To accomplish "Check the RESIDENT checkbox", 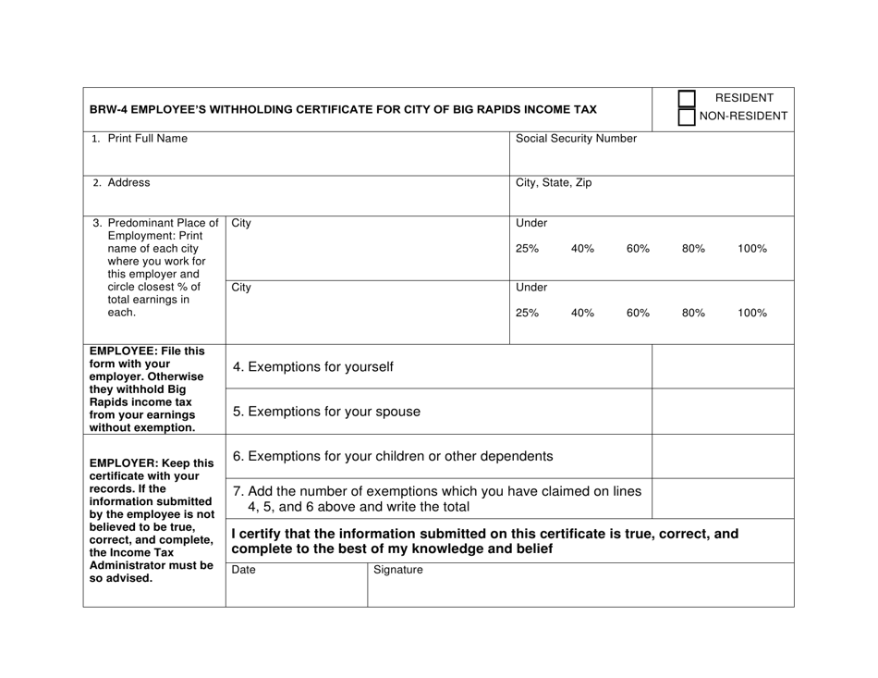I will coord(687,98).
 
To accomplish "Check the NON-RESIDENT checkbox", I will coord(687,117).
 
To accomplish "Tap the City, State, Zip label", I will coord(554,183).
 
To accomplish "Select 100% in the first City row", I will coord(752,250).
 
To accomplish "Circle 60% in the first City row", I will coord(639,250).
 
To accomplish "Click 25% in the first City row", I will coord(526,250).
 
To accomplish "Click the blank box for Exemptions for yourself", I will coord(723,366).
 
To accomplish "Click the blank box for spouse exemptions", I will coord(723,411).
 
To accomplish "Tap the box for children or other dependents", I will coord(723,455).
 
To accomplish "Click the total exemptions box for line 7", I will coord(723,499).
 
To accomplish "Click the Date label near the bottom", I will coord(243,571).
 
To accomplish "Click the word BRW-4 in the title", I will coord(110,109).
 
